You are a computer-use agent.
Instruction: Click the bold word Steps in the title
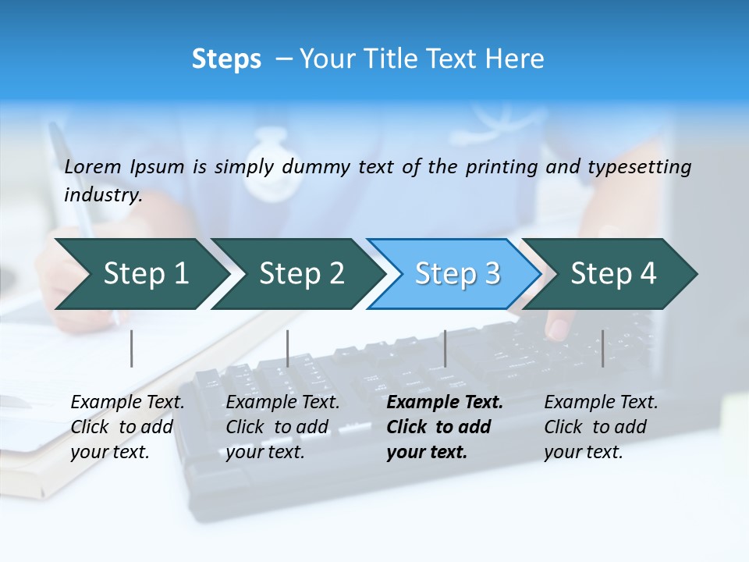(226, 59)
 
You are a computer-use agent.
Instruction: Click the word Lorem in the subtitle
(92, 167)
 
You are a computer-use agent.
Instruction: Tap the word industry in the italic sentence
(103, 194)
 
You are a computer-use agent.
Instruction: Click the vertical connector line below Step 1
(132, 348)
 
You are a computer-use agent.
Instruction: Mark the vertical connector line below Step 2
(288, 348)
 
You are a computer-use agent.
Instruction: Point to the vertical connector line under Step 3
(445, 348)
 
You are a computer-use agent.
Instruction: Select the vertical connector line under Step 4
(602, 348)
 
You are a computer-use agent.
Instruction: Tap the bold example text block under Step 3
(444, 427)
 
